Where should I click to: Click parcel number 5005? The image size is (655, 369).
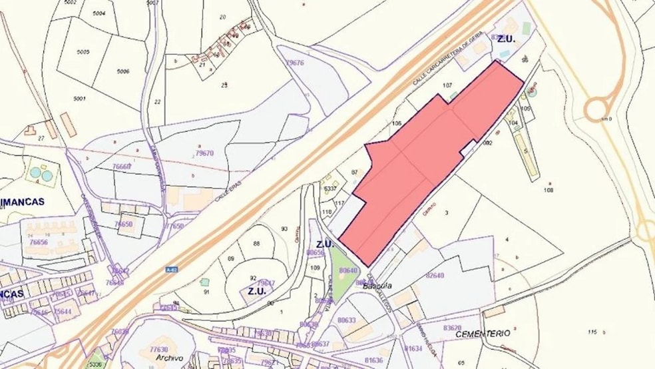point(83,52)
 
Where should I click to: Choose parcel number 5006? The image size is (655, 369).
point(122,71)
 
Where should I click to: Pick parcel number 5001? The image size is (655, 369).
point(80,99)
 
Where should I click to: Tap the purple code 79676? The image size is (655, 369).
point(294,63)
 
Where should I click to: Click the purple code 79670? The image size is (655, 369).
point(204,153)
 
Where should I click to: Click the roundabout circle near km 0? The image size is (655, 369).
point(597,108)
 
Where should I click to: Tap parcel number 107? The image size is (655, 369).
point(447,85)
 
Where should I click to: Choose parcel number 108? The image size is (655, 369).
point(548,190)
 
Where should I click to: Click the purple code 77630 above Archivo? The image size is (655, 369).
point(158,348)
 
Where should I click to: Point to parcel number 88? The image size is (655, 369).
point(256,244)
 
